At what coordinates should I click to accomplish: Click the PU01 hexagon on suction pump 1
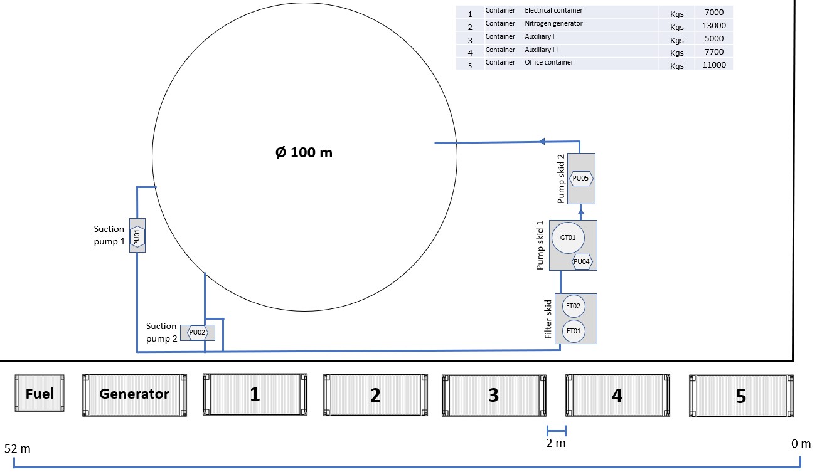pyautogui.click(x=137, y=236)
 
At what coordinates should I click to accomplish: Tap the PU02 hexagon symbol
pyautogui.click(x=198, y=332)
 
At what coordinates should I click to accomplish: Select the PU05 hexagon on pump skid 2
pyautogui.click(x=581, y=179)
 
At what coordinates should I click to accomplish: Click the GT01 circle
pyautogui.click(x=568, y=238)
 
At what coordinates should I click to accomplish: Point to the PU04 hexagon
pyautogui.click(x=582, y=261)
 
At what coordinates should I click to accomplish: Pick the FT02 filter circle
pyautogui.click(x=573, y=307)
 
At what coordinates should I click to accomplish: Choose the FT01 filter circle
pyautogui.click(x=573, y=330)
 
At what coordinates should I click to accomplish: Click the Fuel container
pyautogui.click(x=40, y=394)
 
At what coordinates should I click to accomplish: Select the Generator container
pyautogui.click(x=135, y=394)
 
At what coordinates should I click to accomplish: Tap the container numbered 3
pyautogui.click(x=493, y=395)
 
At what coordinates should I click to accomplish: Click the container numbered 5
pyautogui.click(x=741, y=396)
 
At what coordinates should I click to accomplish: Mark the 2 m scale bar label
pyautogui.click(x=556, y=444)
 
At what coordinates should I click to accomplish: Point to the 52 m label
pyautogui.click(x=18, y=449)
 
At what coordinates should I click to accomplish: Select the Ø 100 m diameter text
pyautogui.click(x=304, y=152)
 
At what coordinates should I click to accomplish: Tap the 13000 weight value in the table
pyautogui.click(x=715, y=26)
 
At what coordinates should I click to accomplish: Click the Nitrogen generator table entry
pyautogui.click(x=553, y=23)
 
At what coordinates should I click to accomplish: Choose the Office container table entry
pyautogui.click(x=549, y=62)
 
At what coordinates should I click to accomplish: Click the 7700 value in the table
pyautogui.click(x=715, y=52)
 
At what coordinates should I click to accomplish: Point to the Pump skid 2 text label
pyautogui.click(x=562, y=182)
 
